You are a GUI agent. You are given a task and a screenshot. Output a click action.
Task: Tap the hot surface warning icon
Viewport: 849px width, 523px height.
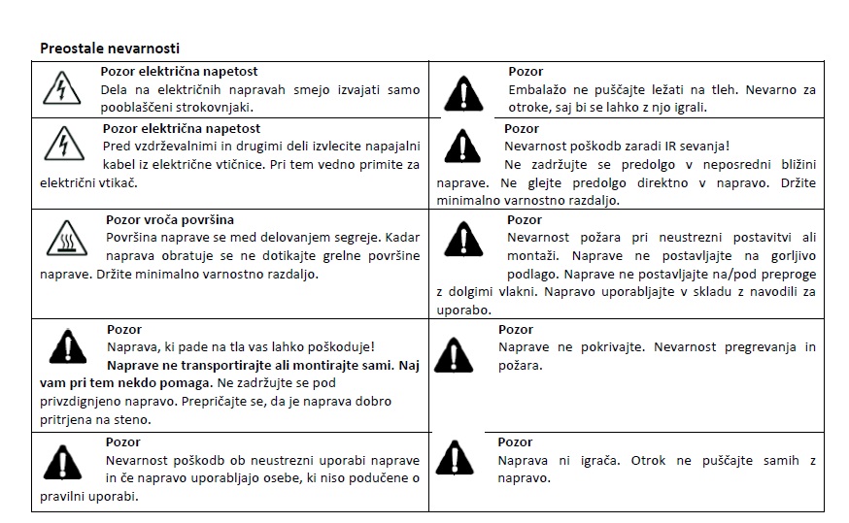click(67, 240)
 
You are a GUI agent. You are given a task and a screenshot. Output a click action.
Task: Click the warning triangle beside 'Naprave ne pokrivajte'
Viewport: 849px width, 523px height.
click(455, 355)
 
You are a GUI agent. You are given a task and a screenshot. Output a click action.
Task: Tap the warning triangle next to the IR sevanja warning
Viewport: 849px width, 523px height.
click(462, 146)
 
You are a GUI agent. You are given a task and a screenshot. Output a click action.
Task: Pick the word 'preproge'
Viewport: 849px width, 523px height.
click(786, 275)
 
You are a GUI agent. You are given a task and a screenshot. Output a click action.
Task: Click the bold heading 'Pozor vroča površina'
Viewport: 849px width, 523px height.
click(169, 220)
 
